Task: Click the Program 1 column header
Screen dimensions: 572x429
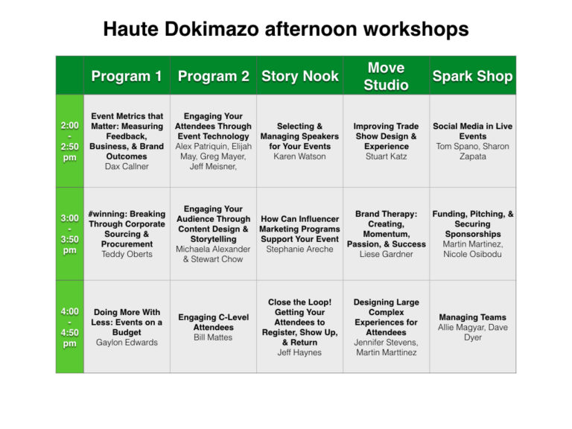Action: click(127, 76)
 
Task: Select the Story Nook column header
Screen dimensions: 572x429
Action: click(300, 76)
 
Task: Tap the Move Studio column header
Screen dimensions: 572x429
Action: click(386, 76)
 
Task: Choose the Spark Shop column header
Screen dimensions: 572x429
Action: click(472, 76)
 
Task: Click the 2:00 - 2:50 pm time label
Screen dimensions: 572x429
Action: click(70, 142)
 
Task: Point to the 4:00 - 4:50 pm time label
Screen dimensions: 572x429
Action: click(70, 327)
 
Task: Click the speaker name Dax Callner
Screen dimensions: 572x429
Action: click(127, 166)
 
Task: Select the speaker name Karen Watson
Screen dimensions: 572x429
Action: click(299, 156)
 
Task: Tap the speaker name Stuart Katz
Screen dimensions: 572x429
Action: click(386, 156)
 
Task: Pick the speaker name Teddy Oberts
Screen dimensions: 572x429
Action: click(127, 254)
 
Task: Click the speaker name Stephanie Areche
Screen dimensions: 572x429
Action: click(299, 250)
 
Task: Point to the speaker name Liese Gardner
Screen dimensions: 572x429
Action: click(386, 254)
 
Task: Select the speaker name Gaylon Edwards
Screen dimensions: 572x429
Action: click(127, 343)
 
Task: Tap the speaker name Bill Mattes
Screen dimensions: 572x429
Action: click(213, 337)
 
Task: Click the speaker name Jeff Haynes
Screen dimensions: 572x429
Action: click(299, 353)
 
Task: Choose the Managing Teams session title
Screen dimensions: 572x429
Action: click(472, 317)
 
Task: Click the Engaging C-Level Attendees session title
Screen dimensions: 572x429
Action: click(214, 322)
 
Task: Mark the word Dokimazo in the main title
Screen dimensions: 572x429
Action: click(212, 29)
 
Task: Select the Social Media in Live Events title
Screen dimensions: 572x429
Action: click(472, 131)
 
